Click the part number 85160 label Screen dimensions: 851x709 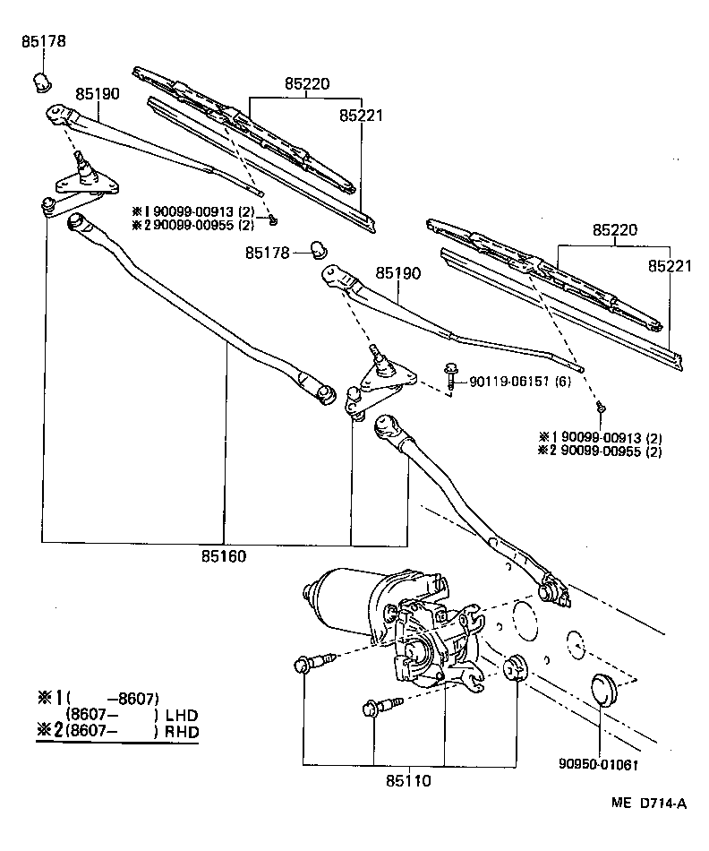(224, 556)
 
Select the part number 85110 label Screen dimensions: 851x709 (408, 780)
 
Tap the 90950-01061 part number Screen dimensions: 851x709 (600, 764)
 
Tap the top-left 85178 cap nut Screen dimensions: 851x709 (41, 82)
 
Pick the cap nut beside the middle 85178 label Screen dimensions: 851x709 (316, 249)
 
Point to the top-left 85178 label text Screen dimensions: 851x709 (44, 41)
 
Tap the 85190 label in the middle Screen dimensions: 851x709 (397, 272)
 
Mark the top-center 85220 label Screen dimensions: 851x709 (307, 84)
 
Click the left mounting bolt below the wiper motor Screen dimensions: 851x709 (309, 664)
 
